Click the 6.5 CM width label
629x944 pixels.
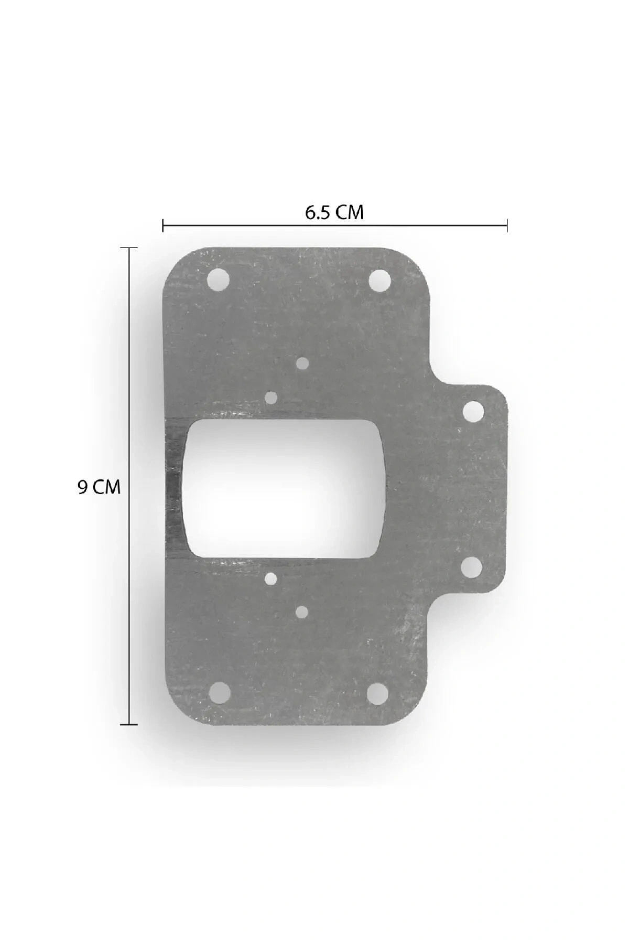tap(334, 212)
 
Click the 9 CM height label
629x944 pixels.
tap(99, 487)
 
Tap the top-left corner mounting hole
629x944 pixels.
tap(219, 280)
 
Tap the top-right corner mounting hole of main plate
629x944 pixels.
tap(379, 280)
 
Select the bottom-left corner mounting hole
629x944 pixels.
tap(219, 693)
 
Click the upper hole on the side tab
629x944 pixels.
tap(473, 412)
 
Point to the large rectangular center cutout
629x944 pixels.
tap(284, 488)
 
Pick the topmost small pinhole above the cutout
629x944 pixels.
tap(302, 363)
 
